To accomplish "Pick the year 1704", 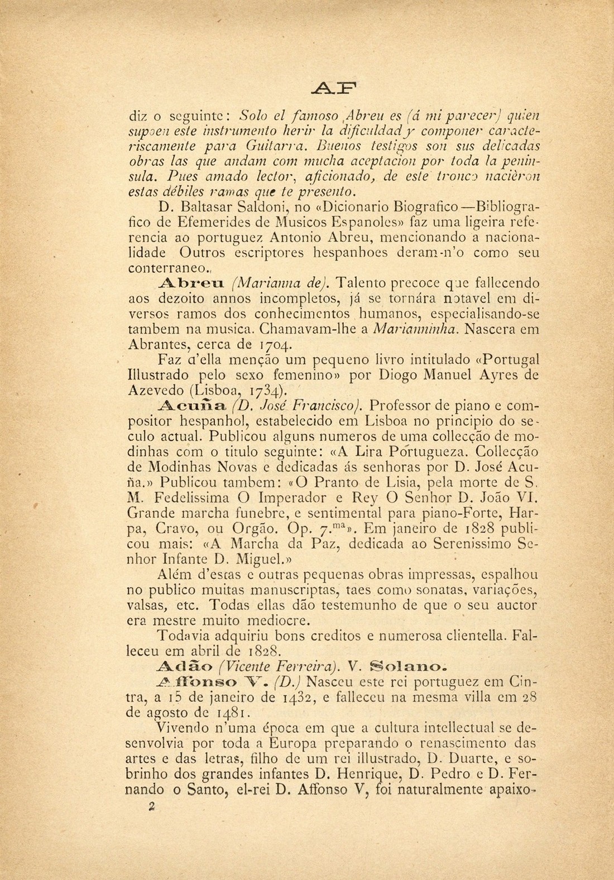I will pyautogui.click(x=314, y=340).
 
